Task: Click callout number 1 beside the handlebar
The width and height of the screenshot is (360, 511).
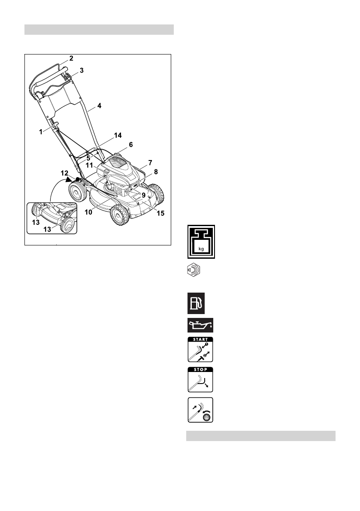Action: coord(41,132)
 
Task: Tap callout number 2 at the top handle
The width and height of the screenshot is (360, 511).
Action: coord(72,58)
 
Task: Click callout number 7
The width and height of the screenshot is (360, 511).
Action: coord(150,163)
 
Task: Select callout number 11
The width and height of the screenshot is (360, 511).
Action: coord(90,165)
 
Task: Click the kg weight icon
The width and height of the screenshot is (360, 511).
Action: coord(201,242)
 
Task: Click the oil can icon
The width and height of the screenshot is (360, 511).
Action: coord(201,326)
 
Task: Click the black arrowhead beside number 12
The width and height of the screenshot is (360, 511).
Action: coord(69,180)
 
